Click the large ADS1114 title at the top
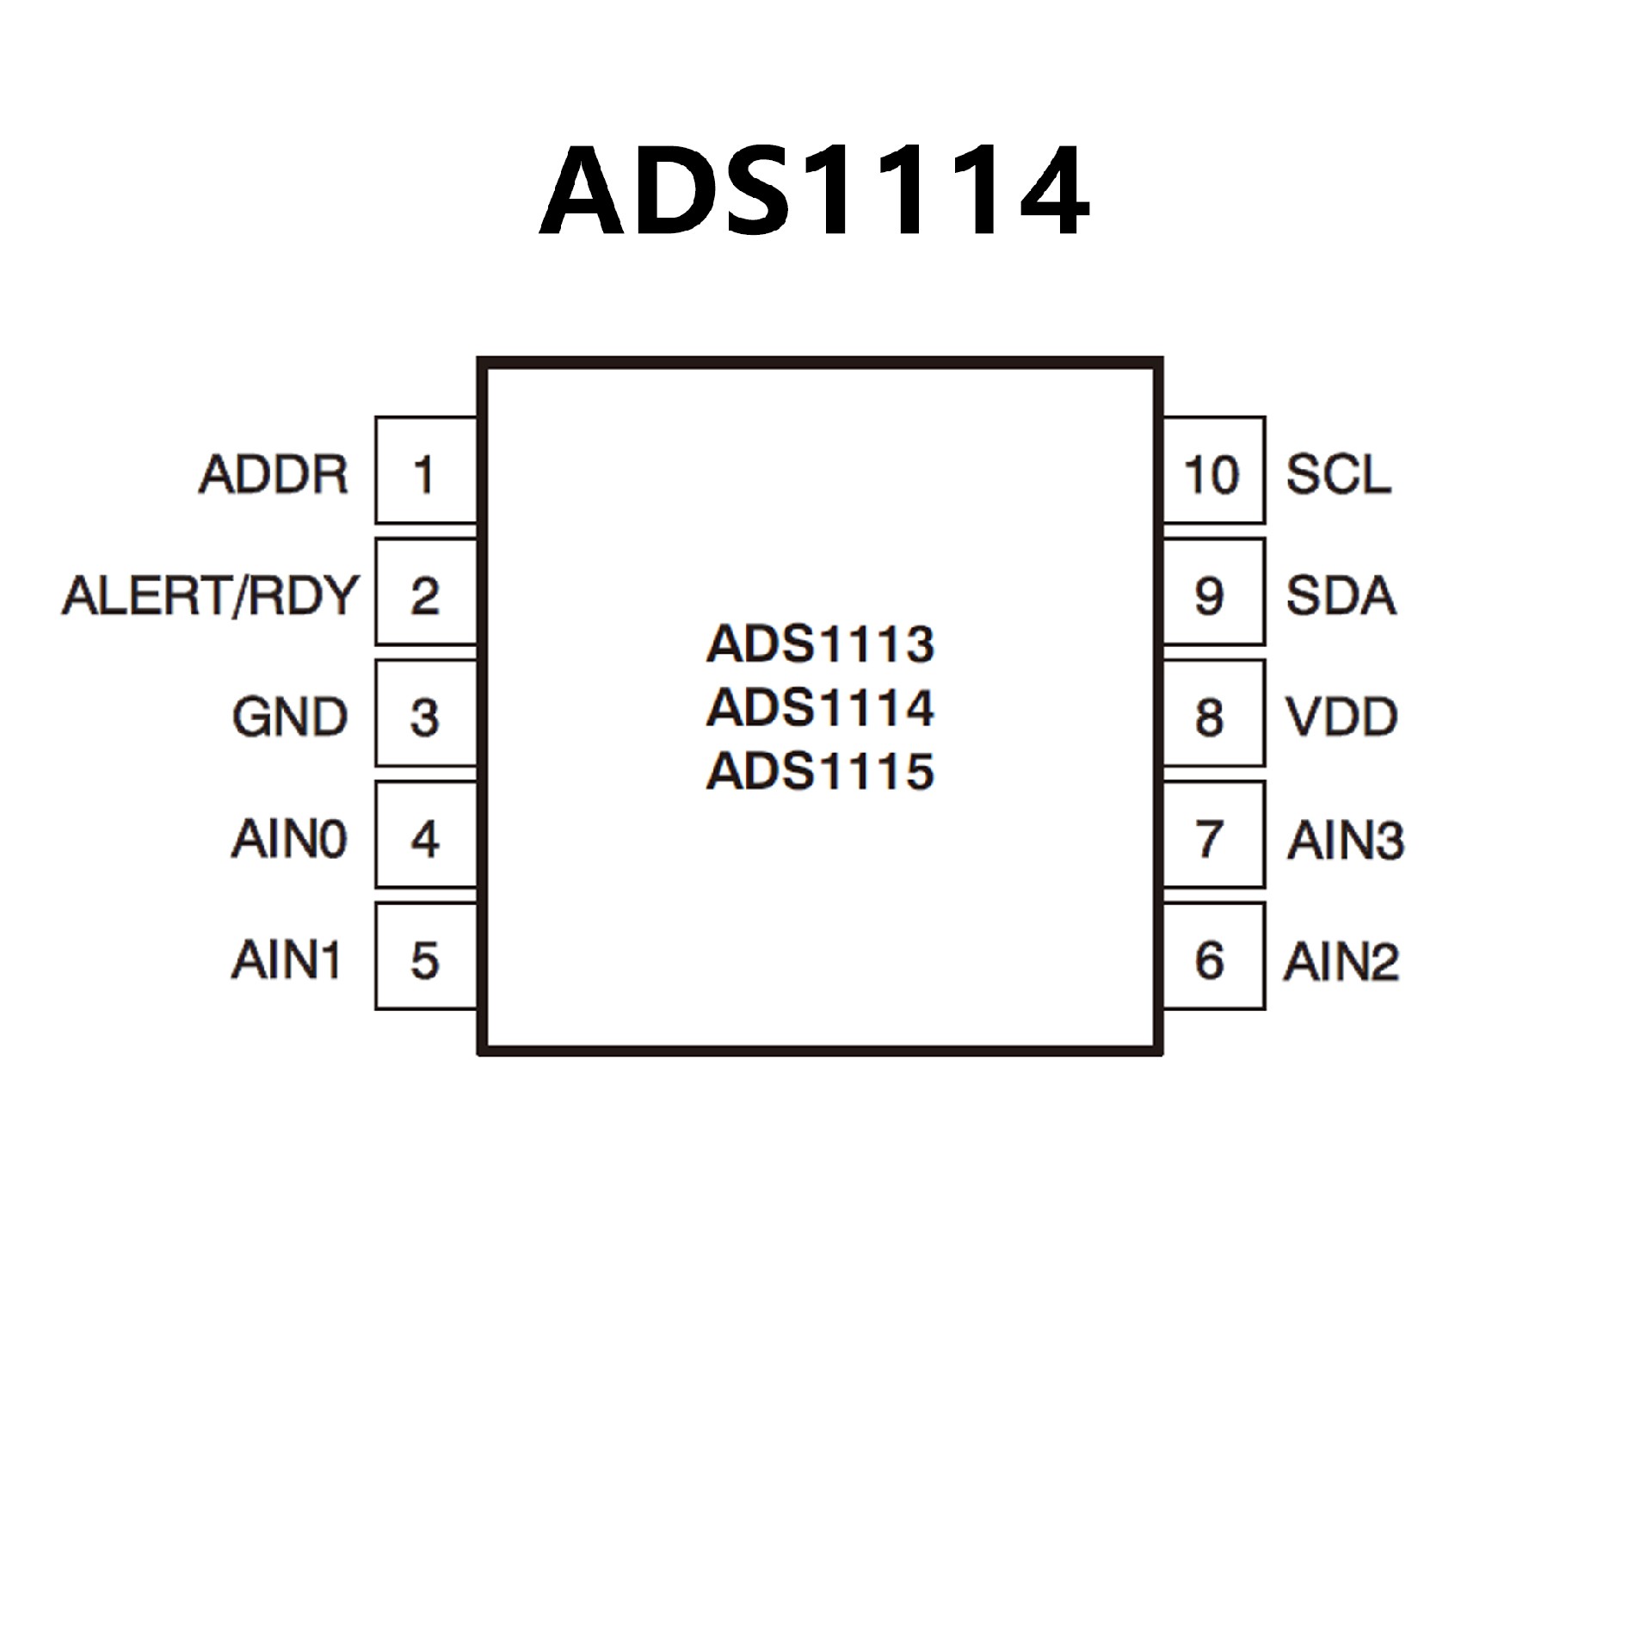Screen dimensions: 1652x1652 click(x=814, y=191)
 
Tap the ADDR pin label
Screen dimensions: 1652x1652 click(x=274, y=474)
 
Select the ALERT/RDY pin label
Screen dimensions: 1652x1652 click(x=209, y=595)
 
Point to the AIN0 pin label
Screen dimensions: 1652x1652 click(x=289, y=839)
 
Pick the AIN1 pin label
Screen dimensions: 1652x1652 click(x=287, y=960)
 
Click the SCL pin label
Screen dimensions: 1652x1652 click(x=1338, y=474)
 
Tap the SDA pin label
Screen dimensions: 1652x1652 click(x=1341, y=595)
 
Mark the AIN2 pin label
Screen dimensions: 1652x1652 click(x=1341, y=961)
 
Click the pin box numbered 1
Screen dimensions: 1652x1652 click(x=425, y=471)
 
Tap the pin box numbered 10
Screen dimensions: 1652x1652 click(x=1213, y=471)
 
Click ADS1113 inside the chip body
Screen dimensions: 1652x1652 click(x=820, y=644)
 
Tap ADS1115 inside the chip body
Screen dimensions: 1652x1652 click(x=820, y=771)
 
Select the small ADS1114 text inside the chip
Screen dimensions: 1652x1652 click(x=820, y=707)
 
